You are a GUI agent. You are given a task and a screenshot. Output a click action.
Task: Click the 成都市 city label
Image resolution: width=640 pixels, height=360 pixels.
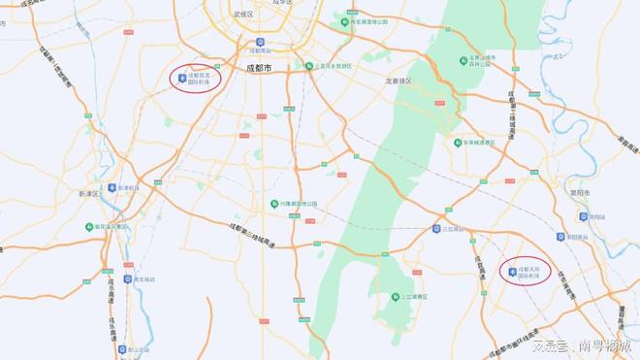tap(258, 68)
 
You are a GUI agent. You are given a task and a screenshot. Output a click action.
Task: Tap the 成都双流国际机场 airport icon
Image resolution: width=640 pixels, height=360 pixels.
tap(181, 76)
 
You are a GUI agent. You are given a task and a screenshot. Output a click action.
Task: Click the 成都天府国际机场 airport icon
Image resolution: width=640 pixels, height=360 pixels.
tap(513, 271)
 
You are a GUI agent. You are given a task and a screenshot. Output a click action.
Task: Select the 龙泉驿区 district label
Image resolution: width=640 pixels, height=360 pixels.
tap(399, 82)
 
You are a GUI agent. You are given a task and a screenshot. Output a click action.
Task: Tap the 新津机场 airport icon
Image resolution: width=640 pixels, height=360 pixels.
tap(113, 187)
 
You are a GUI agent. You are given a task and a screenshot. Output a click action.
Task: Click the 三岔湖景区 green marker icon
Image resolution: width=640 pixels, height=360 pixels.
tap(395, 297)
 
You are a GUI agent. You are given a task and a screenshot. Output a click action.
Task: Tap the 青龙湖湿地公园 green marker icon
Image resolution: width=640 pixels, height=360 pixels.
tap(341, 20)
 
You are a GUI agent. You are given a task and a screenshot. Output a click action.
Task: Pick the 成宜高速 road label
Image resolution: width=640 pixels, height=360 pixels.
tap(483, 258)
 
